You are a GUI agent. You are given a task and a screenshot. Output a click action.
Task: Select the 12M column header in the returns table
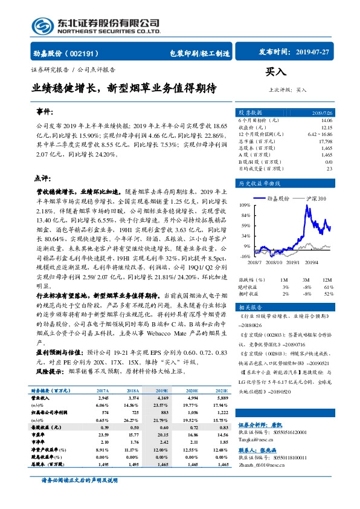327,280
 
